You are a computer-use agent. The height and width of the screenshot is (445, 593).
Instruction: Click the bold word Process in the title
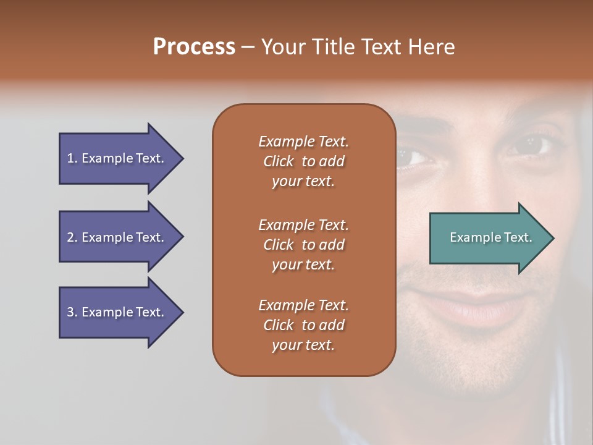(194, 47)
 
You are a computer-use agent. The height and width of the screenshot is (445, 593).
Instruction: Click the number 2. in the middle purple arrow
(72, 237)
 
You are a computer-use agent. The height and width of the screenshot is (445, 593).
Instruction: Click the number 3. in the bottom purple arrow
(72, 312)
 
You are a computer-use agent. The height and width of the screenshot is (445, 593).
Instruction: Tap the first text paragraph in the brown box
(303, 161)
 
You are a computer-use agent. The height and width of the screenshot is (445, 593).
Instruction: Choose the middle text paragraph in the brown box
(303, 245)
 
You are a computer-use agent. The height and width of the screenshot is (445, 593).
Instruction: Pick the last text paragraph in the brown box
(303, 325)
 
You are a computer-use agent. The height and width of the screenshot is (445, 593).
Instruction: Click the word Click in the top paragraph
(278, 161)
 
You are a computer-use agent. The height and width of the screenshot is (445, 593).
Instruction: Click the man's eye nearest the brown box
(413, 155)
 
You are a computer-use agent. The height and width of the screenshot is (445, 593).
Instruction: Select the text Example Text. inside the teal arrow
(490, 237)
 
